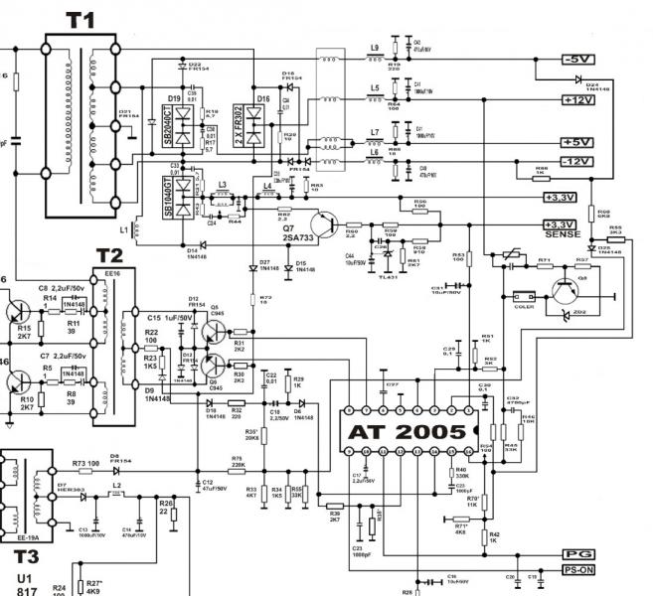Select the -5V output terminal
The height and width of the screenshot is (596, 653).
[x=578, y=60]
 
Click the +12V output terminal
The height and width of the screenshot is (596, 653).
[x=578, y=99]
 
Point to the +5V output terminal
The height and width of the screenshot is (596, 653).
[x=578, y=142]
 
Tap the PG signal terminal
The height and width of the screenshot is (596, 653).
[x=578, y=553]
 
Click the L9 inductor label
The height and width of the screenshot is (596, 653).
[x=374, y=48]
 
